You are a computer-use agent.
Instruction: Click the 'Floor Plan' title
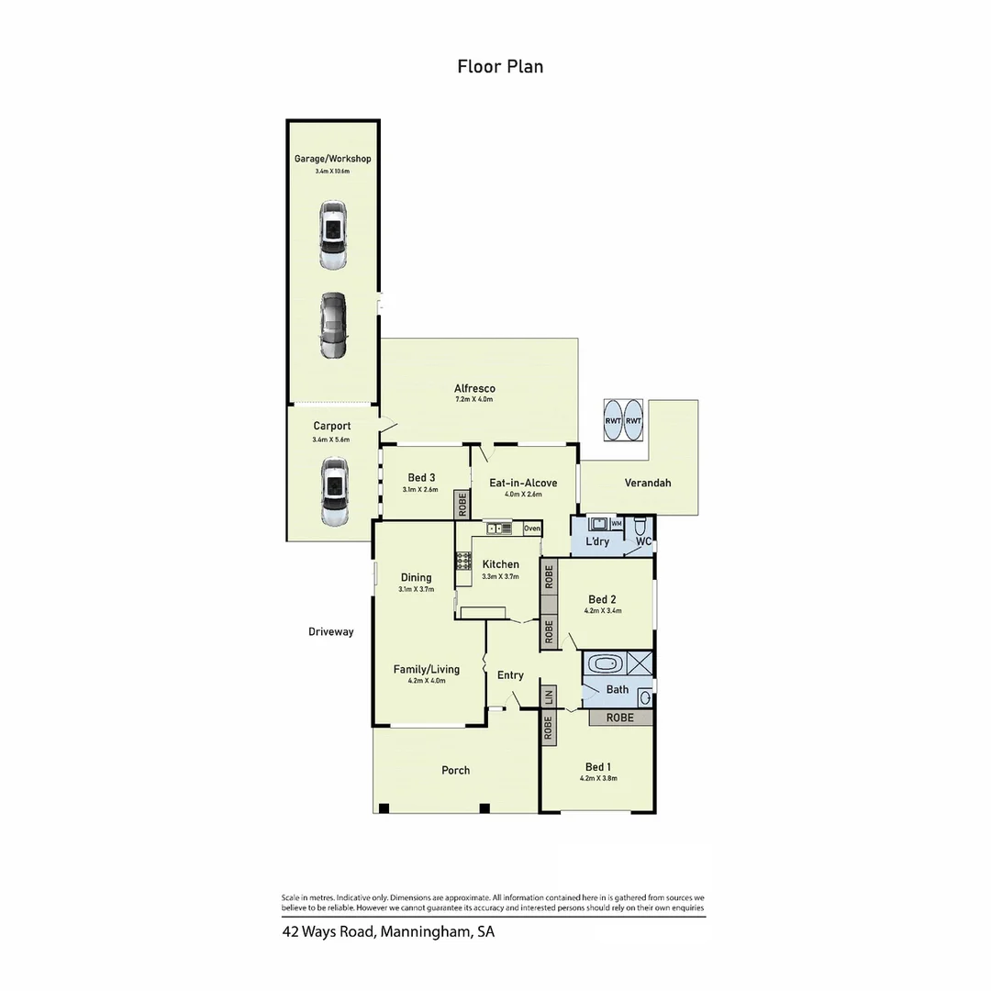click(x=500, y=66)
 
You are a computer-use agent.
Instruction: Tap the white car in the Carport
click(x=333, y=493)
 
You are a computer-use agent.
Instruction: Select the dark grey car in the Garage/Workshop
click(x=333, y=326)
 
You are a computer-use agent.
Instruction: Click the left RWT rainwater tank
click(x=612, y=420)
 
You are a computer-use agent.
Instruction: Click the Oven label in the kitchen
click(x=532, y=529)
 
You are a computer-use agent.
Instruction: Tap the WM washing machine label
click(x=617, y=523)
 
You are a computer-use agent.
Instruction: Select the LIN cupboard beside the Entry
click(x=549, y=696)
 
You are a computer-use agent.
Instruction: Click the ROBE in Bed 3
click(x=462, y=503)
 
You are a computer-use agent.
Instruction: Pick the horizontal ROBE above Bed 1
click(x=620, y=718)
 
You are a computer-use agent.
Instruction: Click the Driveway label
click(x=331, y=631)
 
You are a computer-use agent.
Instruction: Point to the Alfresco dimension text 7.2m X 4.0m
click(x=474, y=399)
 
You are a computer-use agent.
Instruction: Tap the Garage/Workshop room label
click(x=332, y=159)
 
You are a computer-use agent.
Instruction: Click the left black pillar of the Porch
click(x=384, y=808)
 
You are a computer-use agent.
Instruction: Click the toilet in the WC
click(x=641, y=525)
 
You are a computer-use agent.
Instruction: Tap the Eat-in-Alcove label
click(x=523, y=482)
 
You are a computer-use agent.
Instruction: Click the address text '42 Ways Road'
click(x=328, y=932)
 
